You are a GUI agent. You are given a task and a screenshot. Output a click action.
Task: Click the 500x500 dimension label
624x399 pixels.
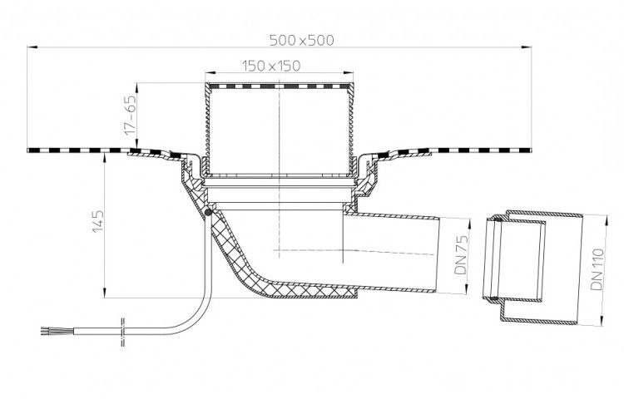click(302, 40)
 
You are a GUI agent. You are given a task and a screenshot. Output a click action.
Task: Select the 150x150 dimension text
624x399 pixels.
click(271, 66)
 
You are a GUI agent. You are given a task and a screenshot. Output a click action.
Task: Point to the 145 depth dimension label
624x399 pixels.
click(98, 222)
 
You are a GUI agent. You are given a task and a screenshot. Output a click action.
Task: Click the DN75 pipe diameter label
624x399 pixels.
click(461, 254)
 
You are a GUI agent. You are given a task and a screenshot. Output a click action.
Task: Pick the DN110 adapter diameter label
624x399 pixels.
click(597, 269)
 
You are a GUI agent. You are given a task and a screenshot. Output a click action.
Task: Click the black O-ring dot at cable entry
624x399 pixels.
click(208, 213)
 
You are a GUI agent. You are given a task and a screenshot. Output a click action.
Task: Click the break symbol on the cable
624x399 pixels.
click(122, 332)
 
